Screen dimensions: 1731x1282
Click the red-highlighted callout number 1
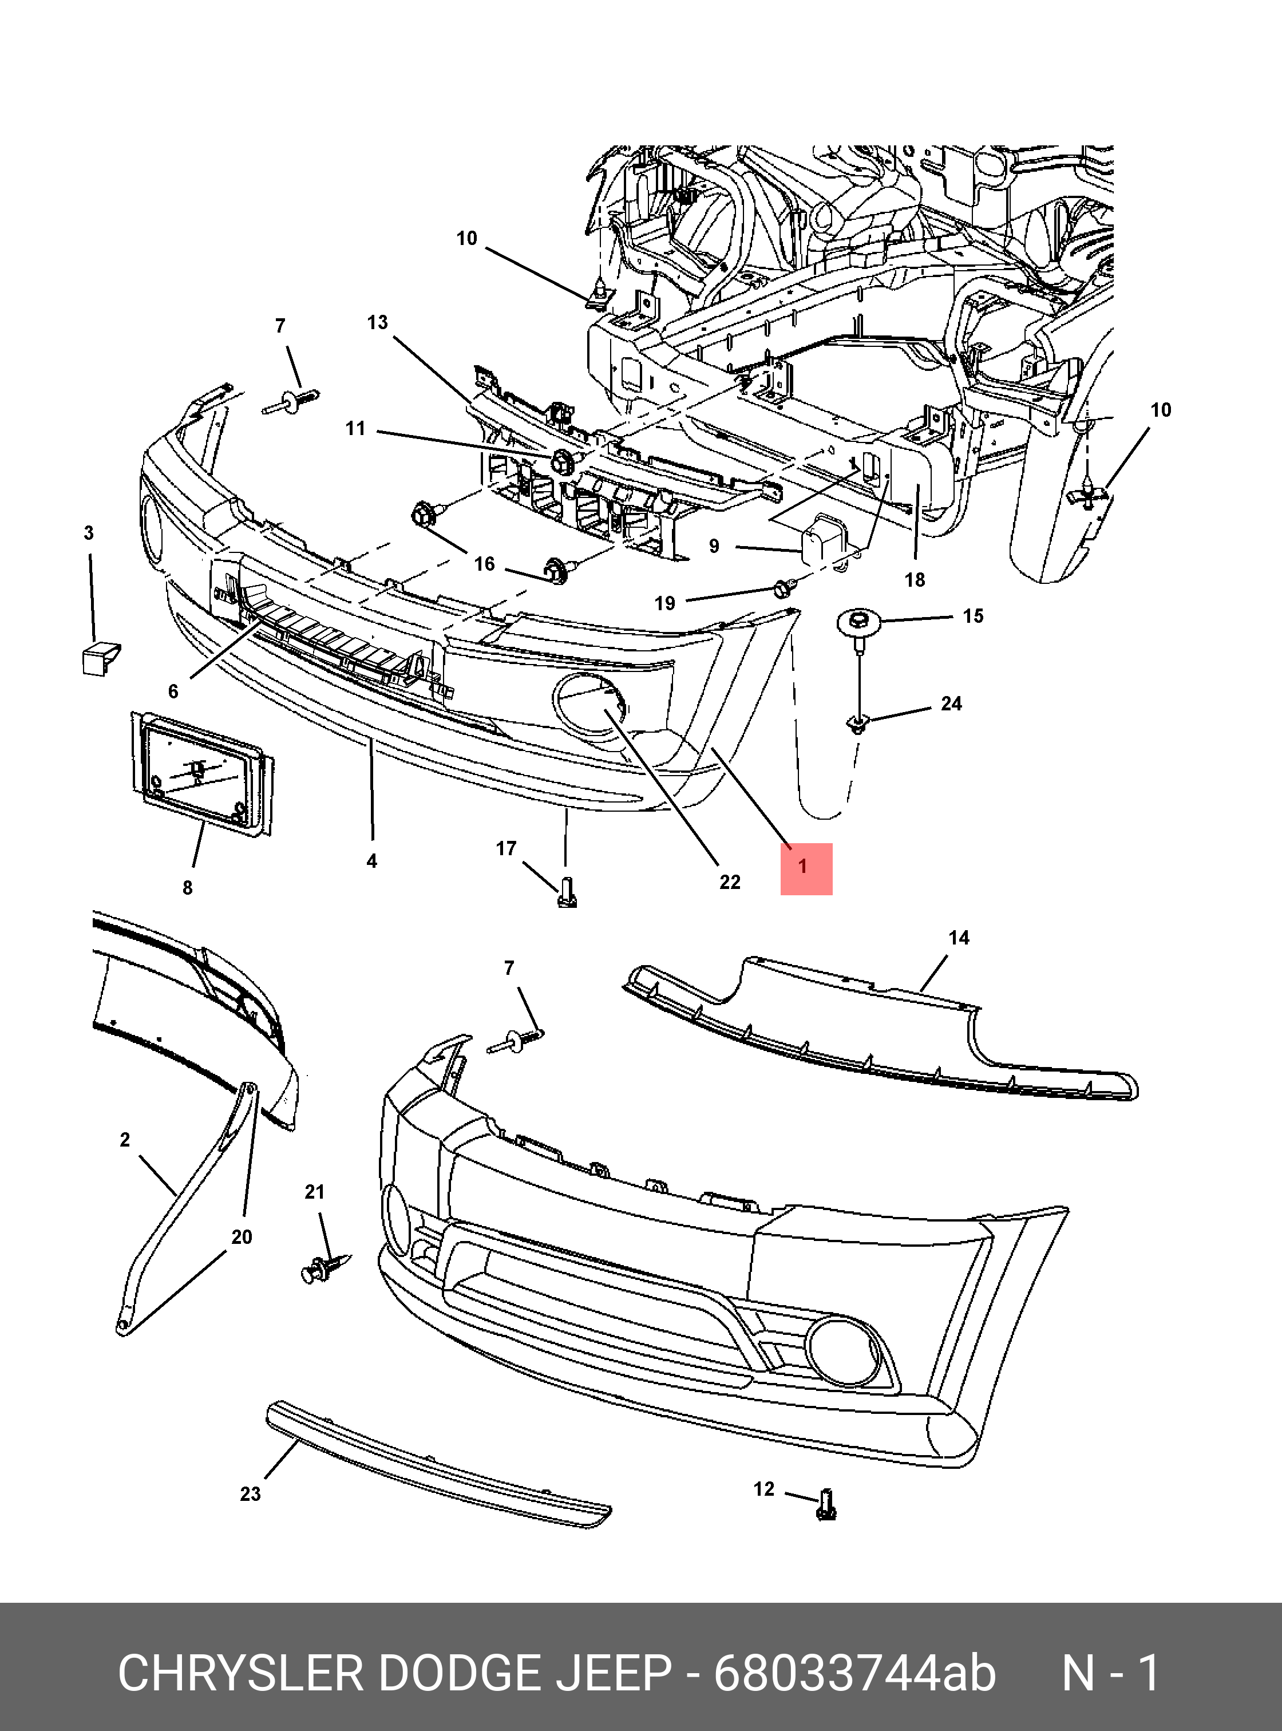click(805, 867)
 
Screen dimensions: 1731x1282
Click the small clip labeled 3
click(100, 658)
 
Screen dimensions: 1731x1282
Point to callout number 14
click(959, 938)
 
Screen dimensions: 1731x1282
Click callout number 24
click(951, 704)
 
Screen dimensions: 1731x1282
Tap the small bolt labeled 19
click(782, 588)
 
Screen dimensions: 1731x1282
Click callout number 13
click(377, 322)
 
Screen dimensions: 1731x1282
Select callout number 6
click(173, 691)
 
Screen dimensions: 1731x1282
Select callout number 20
click(242, 1236)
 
